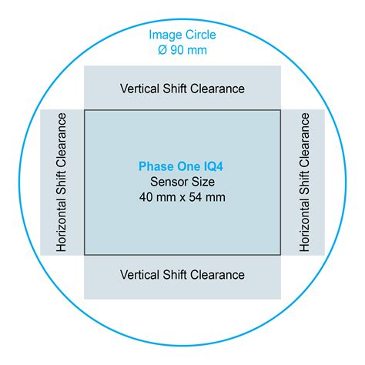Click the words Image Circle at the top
[182, 35]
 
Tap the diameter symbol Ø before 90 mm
[162, 50]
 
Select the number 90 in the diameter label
[177, 50]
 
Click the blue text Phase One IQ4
[181, 166]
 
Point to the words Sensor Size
[182, 182]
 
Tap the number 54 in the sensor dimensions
[196, 197]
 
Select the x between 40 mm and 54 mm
[182, 198]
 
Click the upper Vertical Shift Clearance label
[182, 89]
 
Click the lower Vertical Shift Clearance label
[182, 275]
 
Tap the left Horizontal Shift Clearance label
[62, 182]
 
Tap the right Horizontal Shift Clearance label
[304, 182]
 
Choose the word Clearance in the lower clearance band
[217, 275]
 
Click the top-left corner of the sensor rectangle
[85, 110]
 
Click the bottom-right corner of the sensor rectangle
[280, 255]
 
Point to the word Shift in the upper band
[175, 89]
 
